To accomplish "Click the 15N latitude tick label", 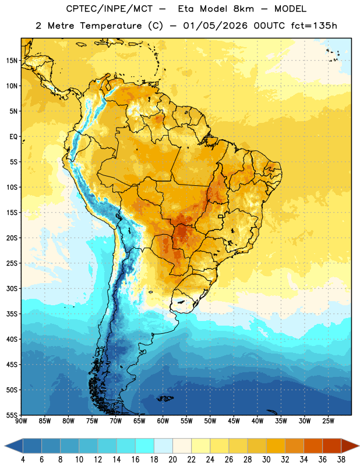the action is coord(12,61).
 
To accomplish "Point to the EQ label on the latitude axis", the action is coord(13,137).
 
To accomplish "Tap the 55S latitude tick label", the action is coord(12,415).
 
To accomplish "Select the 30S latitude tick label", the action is coord(12,288).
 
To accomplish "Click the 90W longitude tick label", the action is coord(21,421).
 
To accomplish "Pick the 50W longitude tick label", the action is coord(210,421).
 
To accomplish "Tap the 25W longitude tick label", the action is coord(328,421).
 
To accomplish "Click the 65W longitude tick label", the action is coord(139,421).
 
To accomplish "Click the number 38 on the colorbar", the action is coord(341,460).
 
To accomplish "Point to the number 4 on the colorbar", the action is coord(23,460).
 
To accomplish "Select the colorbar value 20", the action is coord(172,460).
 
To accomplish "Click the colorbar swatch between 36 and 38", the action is coord(332,446).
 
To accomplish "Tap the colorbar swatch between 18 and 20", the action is coord(163,446).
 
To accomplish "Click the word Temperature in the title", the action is coord(111,26).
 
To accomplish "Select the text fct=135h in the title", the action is coord(313,26).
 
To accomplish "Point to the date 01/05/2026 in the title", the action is coord(215,26).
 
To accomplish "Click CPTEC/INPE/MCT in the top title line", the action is coord(110,9).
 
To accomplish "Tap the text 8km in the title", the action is coord(243,9).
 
